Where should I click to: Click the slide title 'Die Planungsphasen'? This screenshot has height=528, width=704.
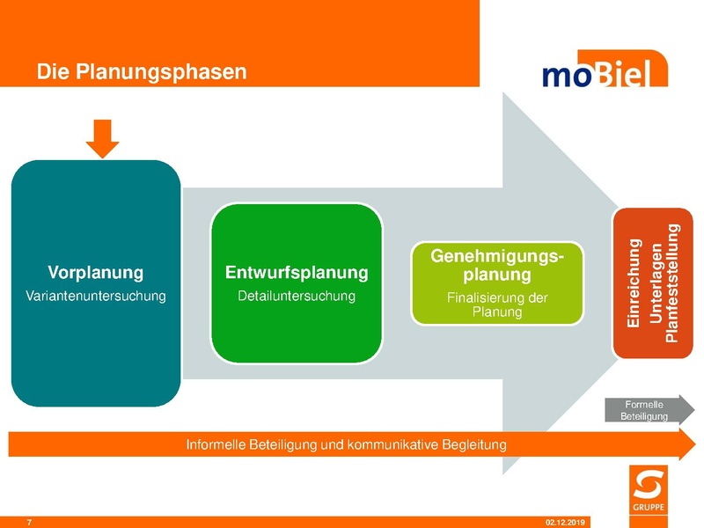[x=142, y=71]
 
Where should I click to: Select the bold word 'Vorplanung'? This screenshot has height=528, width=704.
[x=95, y=272]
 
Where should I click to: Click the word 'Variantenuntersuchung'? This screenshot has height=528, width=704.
[x=95, y=297]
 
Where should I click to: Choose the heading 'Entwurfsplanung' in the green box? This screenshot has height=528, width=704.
[x=297, y=272]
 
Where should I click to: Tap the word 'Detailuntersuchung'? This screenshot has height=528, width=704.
[x=297, y=296]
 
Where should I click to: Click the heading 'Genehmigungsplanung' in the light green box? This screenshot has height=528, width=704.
[x=497, y=265]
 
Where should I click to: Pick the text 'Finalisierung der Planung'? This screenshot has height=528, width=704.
[x=497, y=305]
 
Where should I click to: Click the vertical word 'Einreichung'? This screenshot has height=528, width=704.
[x=634, y=284]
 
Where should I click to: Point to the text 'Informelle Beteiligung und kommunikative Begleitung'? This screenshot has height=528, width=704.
[x=346, y=444]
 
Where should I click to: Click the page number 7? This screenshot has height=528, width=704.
[x=30, y=523]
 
